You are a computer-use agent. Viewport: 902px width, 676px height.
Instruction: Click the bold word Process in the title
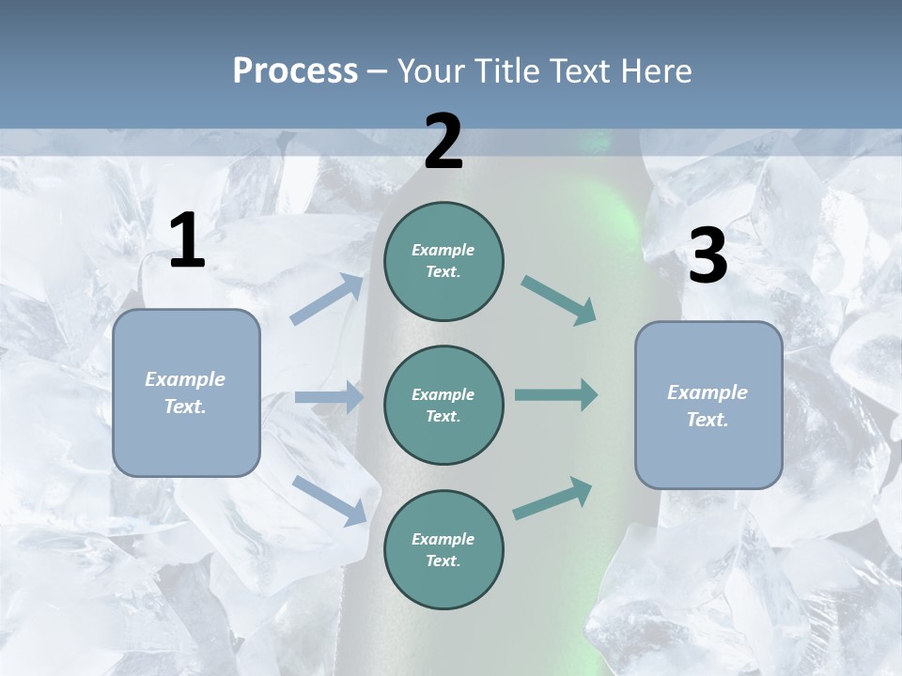[295, 70]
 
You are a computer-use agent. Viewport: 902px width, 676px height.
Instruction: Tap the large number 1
[187, 240]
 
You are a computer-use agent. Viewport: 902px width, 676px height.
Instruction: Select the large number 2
[443, 142]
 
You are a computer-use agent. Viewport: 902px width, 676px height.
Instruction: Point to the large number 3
[708, 256]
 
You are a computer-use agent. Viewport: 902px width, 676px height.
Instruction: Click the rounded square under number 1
[186, 392]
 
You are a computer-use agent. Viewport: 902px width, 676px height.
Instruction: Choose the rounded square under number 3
[708, 405]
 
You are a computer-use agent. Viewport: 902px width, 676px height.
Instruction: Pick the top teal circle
[443, 260]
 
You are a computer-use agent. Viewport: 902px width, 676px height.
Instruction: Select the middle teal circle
[443, 405]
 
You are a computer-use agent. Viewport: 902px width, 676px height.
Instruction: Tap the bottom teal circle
[443, 549]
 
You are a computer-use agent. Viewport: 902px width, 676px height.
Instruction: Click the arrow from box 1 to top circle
[327, 300]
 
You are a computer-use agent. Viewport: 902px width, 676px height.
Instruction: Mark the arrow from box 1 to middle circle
[329, 397]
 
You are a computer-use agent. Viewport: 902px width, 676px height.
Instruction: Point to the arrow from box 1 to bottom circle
[329, 500]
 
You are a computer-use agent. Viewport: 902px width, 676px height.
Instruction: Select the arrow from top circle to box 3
[558, 300]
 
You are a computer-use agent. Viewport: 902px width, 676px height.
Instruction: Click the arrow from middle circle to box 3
[556, 395]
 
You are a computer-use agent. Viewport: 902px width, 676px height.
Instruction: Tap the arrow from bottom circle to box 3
[552, 499]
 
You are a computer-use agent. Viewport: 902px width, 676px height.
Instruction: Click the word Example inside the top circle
[443, 250]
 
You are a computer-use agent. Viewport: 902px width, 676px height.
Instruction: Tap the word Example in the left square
[185, 378]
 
